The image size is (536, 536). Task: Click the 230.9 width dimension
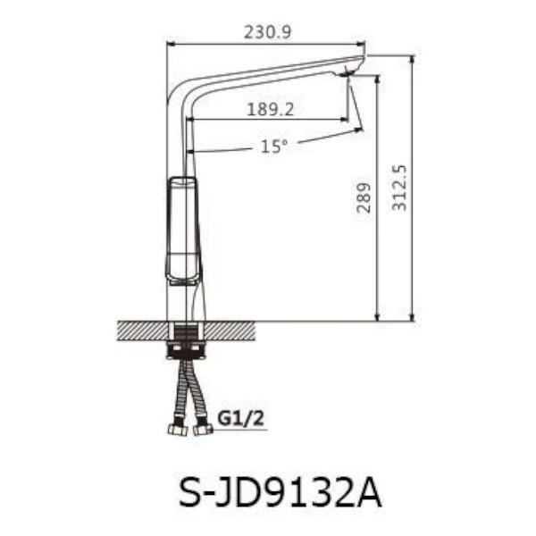267,32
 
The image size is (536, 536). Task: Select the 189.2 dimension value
270,109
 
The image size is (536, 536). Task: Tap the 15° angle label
274,147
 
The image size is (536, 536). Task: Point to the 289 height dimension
364,198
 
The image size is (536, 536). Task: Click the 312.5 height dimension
399,188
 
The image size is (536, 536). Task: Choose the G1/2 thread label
240,418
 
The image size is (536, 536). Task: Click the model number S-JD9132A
280,493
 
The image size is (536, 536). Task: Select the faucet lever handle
182,230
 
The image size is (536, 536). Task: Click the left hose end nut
178,430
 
